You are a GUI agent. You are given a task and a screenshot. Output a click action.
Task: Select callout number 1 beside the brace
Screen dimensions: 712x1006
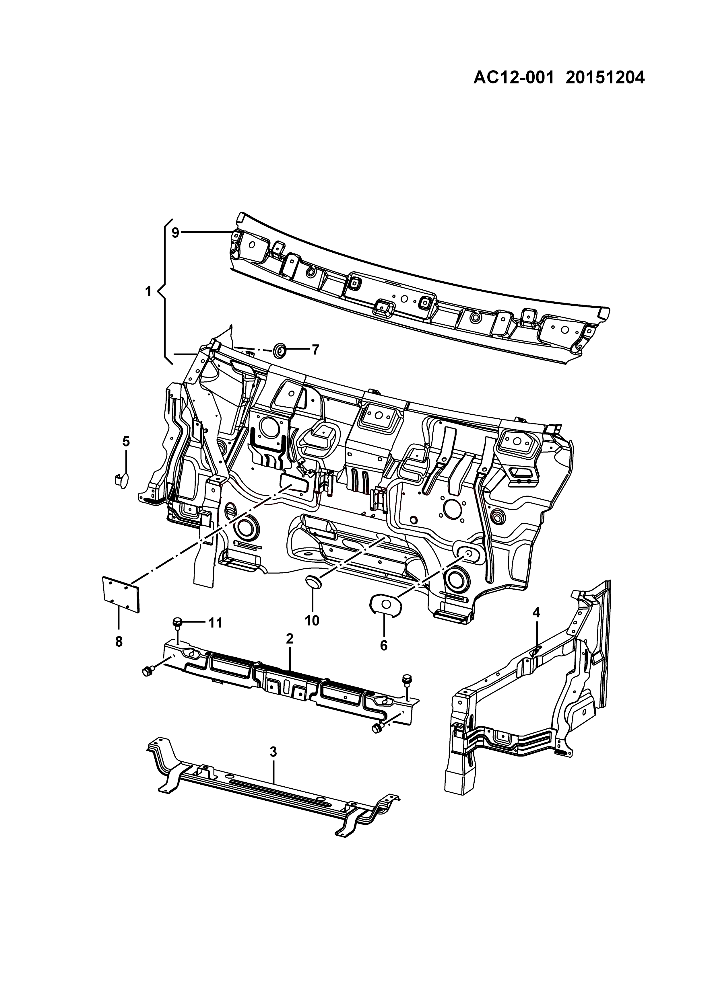[x=148, y=291]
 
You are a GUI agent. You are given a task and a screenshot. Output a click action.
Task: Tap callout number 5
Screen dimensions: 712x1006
[x=126, y=441]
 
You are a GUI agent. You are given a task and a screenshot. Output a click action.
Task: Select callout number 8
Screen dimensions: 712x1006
[x=118, y=642]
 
